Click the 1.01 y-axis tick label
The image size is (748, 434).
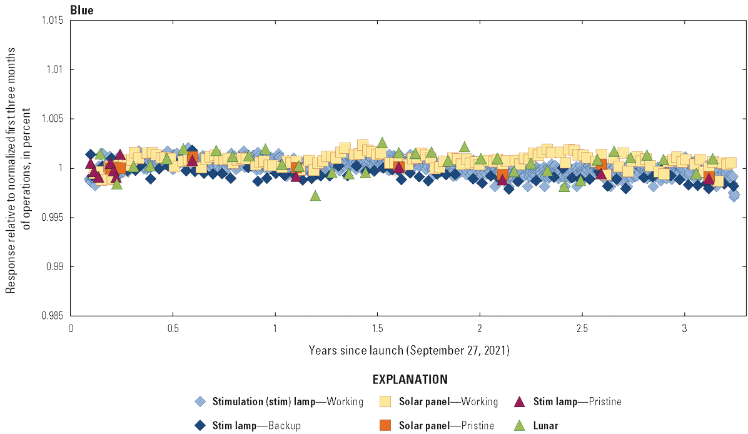(x=54, y=69)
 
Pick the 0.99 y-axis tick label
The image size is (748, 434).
(x=54, y=266)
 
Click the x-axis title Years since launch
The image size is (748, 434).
(x=409, y=350)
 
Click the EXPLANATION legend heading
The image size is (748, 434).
(x=410, y=380)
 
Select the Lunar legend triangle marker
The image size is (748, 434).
(x=518, y=425)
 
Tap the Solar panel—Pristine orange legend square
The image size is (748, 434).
(x=385, y=425)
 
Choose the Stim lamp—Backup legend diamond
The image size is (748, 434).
(x=200, y=425)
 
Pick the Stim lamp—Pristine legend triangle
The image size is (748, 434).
(x=518, y=401)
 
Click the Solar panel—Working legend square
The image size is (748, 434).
(x=385, y=401)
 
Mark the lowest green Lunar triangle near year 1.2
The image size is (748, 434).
(x=315, y=196)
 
